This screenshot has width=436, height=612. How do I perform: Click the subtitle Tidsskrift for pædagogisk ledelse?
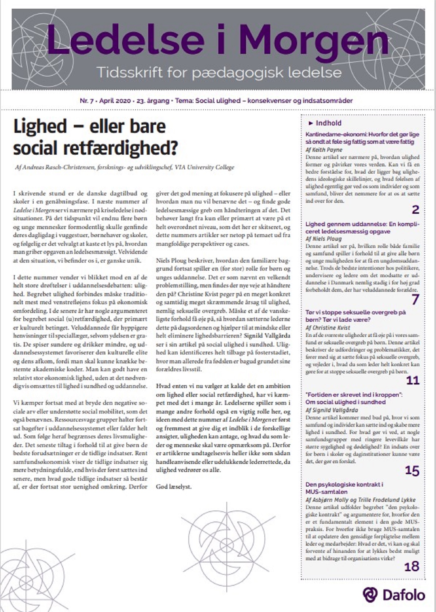pos(219,72)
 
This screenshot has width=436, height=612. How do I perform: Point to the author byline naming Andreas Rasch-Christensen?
pos(125,167)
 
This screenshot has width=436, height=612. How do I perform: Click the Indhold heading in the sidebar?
pos(328,123)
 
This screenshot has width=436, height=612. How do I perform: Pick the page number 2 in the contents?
pos(415,210)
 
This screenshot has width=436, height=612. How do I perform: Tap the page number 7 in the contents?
pos(415,300)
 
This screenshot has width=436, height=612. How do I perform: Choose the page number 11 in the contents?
pos(413,380)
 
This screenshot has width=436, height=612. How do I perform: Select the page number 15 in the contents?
pos(412,470)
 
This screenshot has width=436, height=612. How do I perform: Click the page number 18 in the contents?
pos(412,567)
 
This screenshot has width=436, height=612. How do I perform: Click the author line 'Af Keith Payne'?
pos(324,150)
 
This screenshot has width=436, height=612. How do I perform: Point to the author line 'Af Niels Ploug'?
pos(324,239)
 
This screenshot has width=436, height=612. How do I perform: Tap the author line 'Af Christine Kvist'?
pos(328,328)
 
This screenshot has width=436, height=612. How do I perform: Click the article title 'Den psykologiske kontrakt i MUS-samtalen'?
pos(344,488)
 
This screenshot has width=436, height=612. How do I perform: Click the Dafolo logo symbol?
pos(370,595)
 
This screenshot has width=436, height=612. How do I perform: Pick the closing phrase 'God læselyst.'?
pos(173,487)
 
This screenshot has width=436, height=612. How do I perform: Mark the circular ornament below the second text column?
pos(228,540)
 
